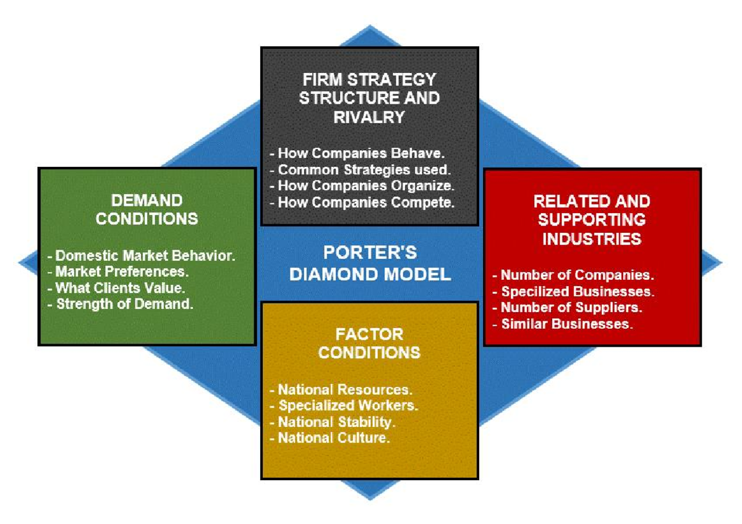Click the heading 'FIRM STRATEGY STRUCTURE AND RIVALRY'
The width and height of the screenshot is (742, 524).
coord(369,98)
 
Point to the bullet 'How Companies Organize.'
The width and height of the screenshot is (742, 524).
coord(365,185)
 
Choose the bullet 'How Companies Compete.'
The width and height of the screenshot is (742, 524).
coord(365,202)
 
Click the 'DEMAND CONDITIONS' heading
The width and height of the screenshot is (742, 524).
coord(147,209)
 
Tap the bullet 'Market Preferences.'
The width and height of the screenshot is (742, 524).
coord(121,271)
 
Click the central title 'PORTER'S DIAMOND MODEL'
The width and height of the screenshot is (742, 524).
coord(370,263)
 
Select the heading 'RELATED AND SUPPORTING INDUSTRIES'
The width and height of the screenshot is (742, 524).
coord(591,219)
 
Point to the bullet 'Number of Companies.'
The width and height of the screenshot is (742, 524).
coord(573,276)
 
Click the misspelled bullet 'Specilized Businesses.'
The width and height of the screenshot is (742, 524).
coord(573,292)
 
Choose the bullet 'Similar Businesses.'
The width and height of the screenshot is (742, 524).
coord(563,324)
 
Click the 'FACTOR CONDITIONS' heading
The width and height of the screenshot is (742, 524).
coord(369,344)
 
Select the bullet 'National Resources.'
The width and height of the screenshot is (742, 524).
coord(341,390)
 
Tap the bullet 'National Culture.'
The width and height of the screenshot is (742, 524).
coord(330,438)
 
